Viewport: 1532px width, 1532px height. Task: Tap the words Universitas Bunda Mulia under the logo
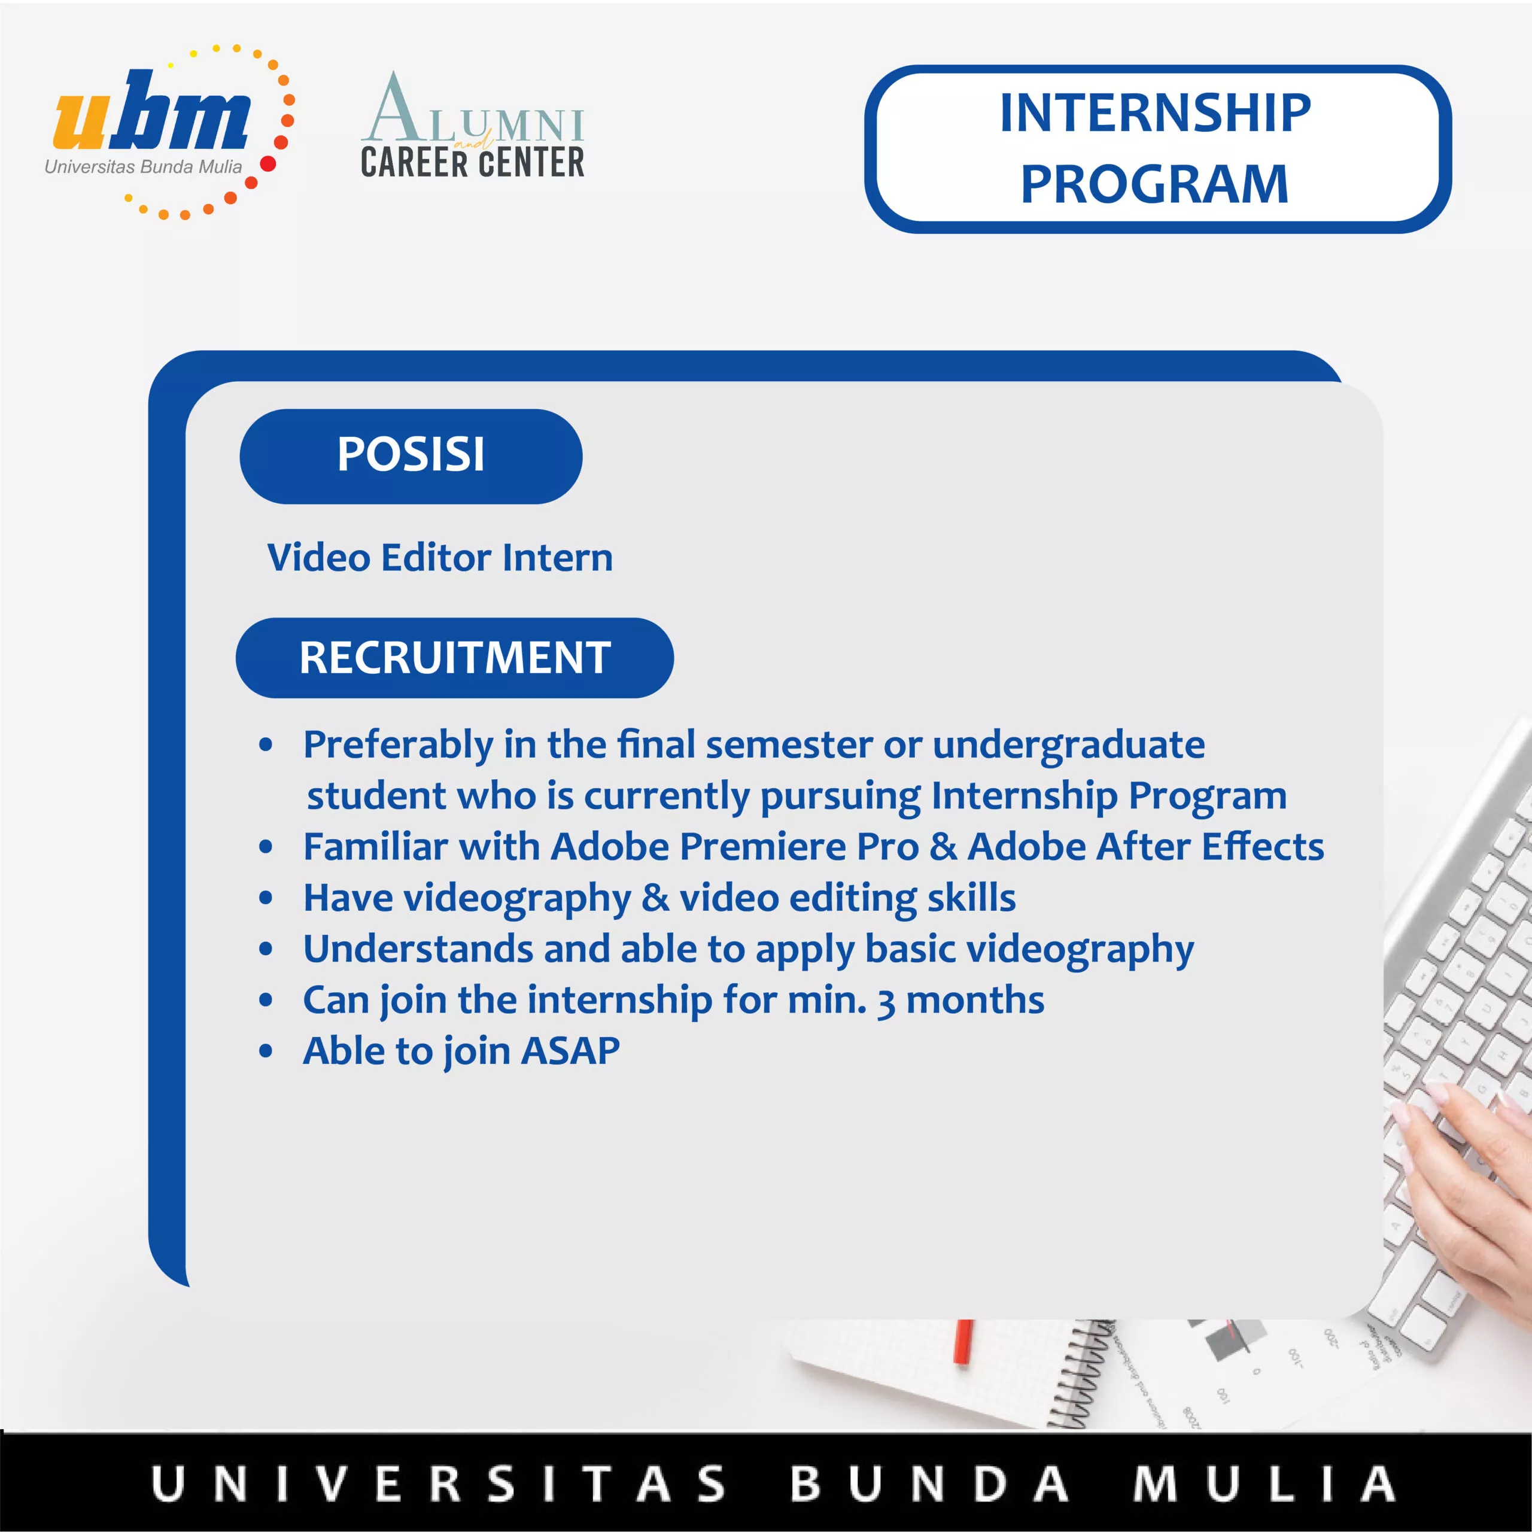tap(143, 166)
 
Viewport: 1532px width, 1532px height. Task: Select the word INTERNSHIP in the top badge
tap(1156, 113)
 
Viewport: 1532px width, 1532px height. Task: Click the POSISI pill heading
tap(411, 456)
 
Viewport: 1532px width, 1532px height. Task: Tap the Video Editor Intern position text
tap(440, 558)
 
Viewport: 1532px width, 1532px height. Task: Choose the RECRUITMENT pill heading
tap(454, 657)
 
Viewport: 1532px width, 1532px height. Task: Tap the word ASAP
tap(570, 1051)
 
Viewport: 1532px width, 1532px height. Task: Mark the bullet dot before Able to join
tap(266, 1052)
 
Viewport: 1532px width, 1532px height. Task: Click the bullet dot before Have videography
tap(266, 898)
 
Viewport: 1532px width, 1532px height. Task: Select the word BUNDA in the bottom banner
tap(929, 1484)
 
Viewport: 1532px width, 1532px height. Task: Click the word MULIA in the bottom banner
tap(1264, 1484)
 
